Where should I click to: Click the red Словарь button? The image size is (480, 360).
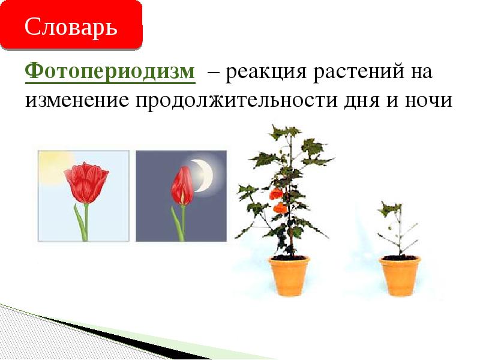tap(71, 26)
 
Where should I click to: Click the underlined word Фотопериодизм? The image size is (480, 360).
tap(110, 73)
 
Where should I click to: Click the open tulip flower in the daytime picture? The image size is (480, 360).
tap(86, 182)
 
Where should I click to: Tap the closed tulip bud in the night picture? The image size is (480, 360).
tap(182, 186)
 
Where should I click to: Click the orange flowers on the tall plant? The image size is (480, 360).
tap(277, 200)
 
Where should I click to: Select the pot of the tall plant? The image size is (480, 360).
tap(289, 276)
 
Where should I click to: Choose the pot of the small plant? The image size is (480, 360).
tap(400, 276)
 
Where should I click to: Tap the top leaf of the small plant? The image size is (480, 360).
tap(390, 209)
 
